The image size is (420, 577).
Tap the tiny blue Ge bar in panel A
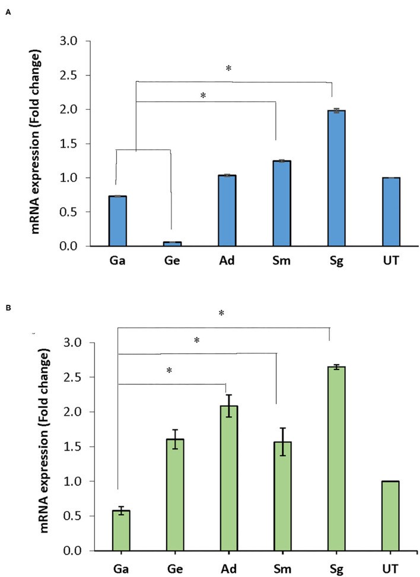click(172, 243)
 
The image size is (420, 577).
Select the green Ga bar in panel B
click(117, 531)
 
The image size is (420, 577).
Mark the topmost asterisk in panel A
click(228, 69)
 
